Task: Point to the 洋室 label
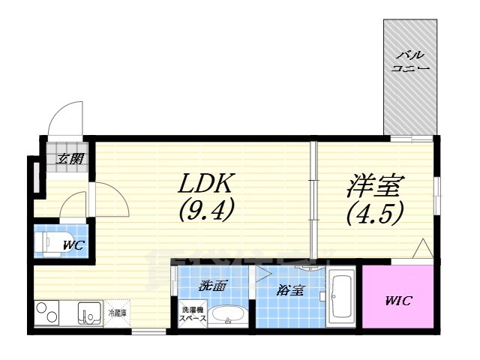point(374,184)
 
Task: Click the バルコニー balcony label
point(409,61)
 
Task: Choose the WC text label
point(72,244)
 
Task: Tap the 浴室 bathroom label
point(291,289)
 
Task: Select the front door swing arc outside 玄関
point(61,118)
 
